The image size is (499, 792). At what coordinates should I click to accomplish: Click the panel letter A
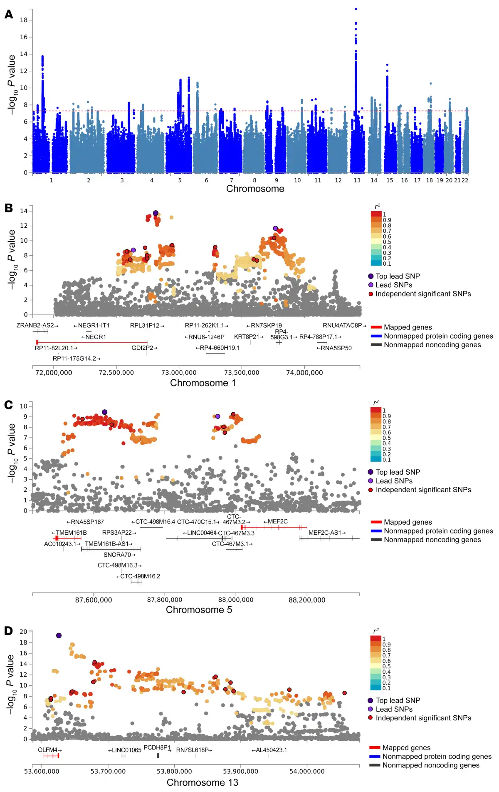click(x=9, y=15)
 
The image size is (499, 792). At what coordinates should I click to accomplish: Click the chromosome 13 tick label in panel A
click(x=357, y=180)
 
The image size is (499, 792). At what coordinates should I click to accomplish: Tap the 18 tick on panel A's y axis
click(x=24, y=20)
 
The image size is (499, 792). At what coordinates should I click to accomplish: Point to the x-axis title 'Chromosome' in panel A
click(x=255, y=189)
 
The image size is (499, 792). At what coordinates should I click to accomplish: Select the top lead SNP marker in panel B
click(x=156, y=213)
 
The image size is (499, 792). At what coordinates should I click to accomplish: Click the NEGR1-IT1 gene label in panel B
click(x=91, y=326)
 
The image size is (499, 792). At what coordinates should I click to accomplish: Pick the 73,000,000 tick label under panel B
click(x=179, y=373)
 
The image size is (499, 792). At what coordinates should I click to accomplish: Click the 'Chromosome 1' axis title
click(x=203, y=383)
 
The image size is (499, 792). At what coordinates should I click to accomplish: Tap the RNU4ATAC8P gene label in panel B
click(x=344, y=326)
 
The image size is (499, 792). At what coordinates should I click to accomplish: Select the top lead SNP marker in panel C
click(x=104, y=412)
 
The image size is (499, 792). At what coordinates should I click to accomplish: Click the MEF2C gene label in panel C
click(x=276, y=521)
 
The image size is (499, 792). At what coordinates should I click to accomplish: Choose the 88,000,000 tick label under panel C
click(x=236, y=600)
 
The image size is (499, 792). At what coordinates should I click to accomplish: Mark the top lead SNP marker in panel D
click(x=59, y=635)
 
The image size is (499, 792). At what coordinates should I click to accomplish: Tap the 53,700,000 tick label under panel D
click(x=108, y=771)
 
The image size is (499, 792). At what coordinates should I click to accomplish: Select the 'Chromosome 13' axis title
click(x=203, y=782)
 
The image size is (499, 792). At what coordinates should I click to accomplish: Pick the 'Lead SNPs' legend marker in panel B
click(x=371, y=285)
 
